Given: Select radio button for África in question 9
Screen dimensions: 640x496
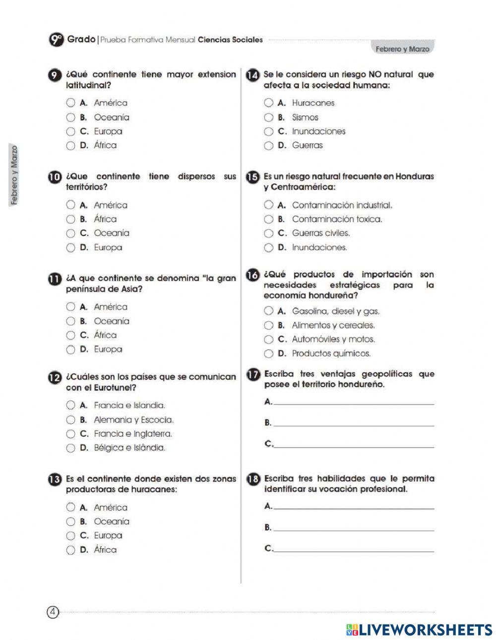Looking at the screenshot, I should (71, 146).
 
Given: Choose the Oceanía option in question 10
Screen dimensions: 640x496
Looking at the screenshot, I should (71, 233).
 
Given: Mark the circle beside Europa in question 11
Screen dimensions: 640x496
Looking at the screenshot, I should (71, 349).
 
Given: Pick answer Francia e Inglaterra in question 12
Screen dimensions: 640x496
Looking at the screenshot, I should (71, 434).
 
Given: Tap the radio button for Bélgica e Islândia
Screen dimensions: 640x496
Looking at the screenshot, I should (71, 448).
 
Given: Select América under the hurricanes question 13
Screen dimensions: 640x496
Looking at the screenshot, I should (71, 508).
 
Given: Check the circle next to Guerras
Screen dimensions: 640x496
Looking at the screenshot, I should (269, 146).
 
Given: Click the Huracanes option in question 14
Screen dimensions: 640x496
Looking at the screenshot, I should (269, 103).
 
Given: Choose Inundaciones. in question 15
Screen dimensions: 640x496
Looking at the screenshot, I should (269, 247).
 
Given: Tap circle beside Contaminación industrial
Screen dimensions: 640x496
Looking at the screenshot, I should (269, 205).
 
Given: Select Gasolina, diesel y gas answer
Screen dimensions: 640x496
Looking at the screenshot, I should (269, 311).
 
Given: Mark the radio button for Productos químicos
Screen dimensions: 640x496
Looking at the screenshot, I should (269, 354).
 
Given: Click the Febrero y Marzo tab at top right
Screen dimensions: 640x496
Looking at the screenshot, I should (402, 49).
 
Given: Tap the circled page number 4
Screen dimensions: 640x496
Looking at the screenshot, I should (53, 612).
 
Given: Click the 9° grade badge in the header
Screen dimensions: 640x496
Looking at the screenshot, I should (56, 40).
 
